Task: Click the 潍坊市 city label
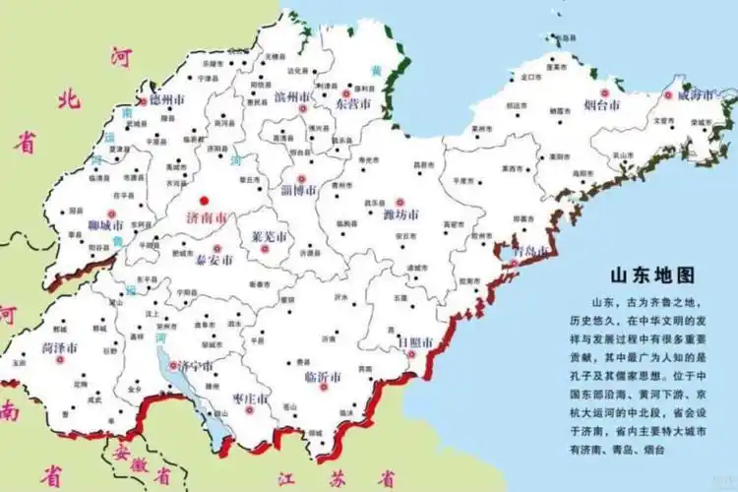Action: (x=400, y=215)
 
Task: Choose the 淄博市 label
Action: (x=295, y=189)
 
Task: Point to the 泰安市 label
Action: (x=214, y=261)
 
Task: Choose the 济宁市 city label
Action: (x=194, y=367)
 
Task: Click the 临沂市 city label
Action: (x=323, y=377)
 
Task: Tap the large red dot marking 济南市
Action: (x=205, y=200)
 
